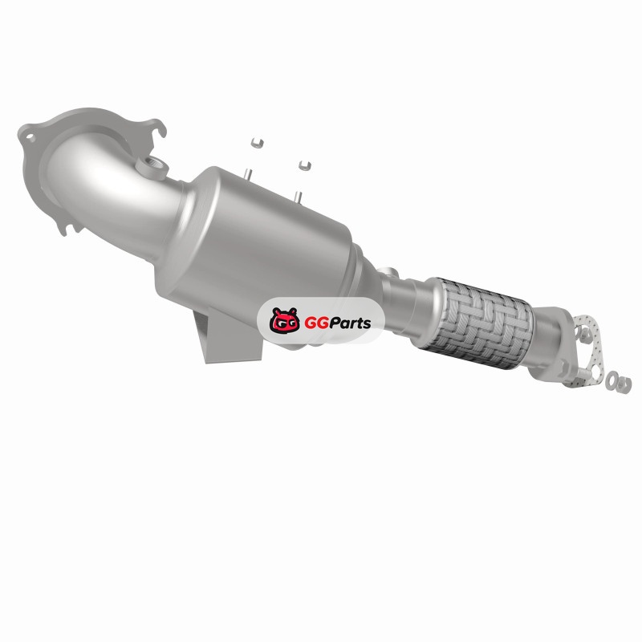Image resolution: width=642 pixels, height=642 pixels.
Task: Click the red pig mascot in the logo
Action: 284,319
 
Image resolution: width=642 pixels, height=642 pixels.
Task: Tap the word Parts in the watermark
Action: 350,323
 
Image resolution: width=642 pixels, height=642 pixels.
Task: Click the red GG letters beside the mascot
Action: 316,323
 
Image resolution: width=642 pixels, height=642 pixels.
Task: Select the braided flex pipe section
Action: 479,323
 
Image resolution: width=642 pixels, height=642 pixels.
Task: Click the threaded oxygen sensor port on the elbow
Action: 152,167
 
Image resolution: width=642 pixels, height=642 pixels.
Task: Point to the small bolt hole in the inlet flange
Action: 30,138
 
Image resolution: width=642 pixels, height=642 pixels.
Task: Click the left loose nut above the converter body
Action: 257,144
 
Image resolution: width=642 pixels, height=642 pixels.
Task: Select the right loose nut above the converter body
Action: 304,165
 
